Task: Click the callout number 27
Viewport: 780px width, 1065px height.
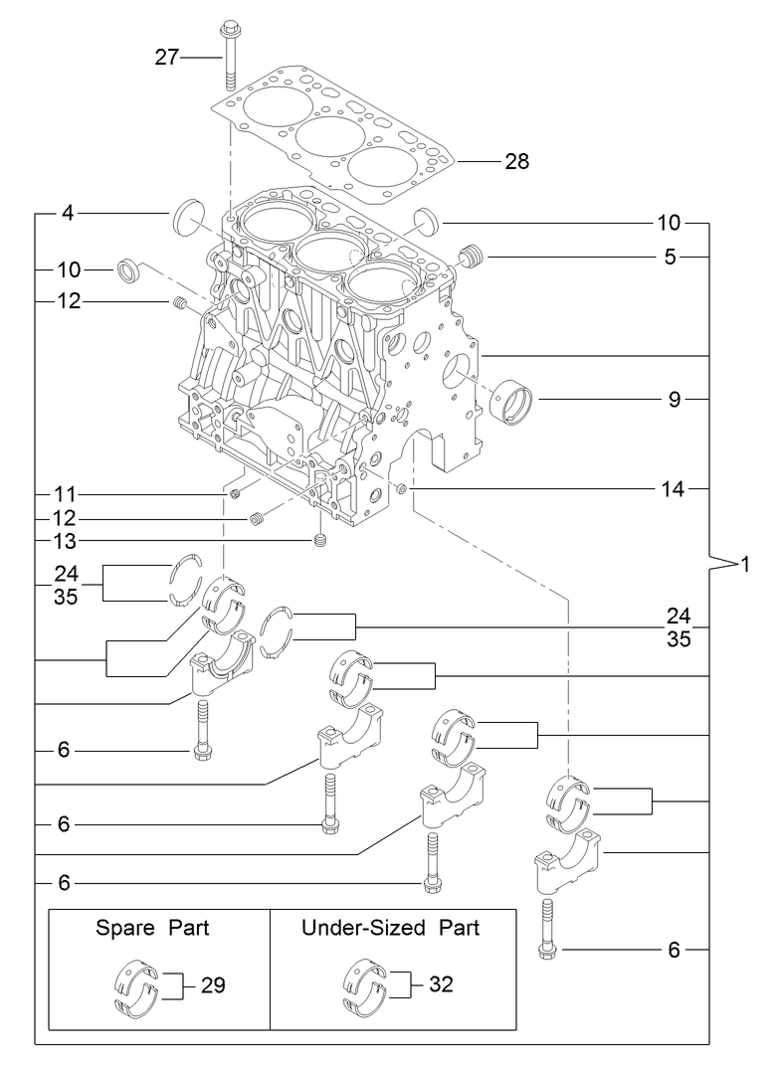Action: pos(166,58)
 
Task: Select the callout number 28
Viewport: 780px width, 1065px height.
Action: pos(516,161)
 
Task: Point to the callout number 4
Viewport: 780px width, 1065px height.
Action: pos(68,212)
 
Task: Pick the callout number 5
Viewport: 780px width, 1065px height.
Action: pos(671,258)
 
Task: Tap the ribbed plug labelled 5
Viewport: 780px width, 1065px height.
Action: pos(472,257)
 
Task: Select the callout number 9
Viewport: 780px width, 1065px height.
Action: pos(674,400)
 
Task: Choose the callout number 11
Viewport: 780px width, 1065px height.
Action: pos(67,494)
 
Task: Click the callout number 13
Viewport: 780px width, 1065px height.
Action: pos(67,541)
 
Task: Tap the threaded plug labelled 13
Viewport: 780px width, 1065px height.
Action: pos(320,541)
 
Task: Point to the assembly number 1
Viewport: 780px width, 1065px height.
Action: pos(743,565)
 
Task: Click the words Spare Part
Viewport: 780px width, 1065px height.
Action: pos(152,928)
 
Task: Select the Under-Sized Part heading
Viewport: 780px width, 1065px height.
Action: pos(390,928)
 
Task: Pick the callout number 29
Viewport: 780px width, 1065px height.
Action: pos(213,985)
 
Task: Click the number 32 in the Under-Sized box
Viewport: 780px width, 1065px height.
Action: pos(442,984)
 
